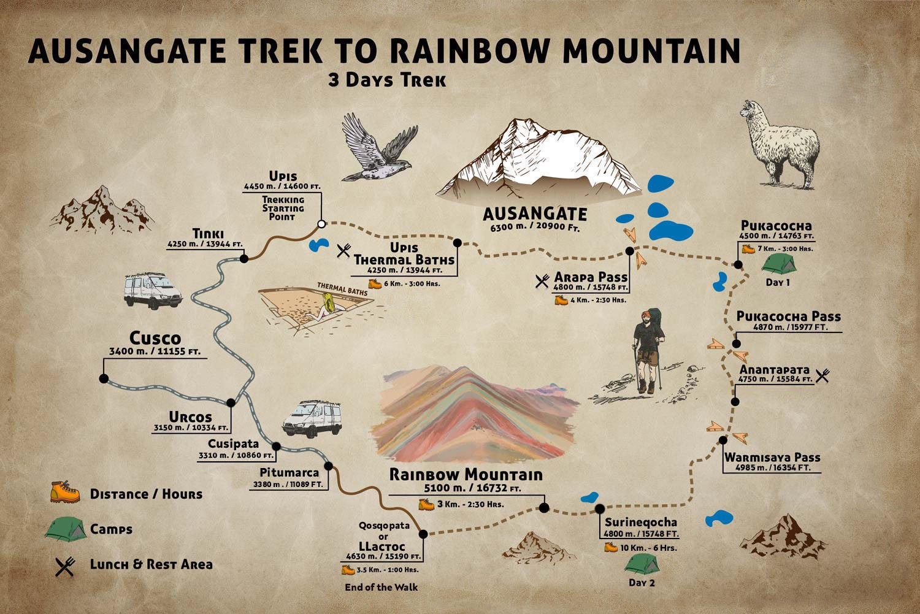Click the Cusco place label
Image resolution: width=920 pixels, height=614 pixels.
pos(155,339)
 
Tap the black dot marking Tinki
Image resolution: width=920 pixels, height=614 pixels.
pos(244,259)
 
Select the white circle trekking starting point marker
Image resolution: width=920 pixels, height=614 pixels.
pos(320,224)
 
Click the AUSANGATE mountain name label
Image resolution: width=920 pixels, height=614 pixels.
pos(535,214)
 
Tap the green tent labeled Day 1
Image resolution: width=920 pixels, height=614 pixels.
pos(778,264)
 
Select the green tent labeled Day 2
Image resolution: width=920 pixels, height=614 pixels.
pos(642,563)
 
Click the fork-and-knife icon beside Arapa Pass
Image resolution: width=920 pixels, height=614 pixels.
pos(542,281)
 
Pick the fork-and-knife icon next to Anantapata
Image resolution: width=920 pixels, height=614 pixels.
pos(822,375)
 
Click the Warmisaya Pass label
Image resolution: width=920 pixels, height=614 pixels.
pos(772,458)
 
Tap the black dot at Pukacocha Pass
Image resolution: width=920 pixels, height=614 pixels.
pos(737,344)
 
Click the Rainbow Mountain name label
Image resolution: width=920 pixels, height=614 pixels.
pos(466,475)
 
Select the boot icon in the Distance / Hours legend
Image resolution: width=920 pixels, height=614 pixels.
pos(64,493)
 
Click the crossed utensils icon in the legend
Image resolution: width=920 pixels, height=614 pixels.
pos(64,566)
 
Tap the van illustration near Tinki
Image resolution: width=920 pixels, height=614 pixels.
pos(153,290)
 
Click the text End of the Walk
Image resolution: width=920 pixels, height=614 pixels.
pos(381,587)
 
